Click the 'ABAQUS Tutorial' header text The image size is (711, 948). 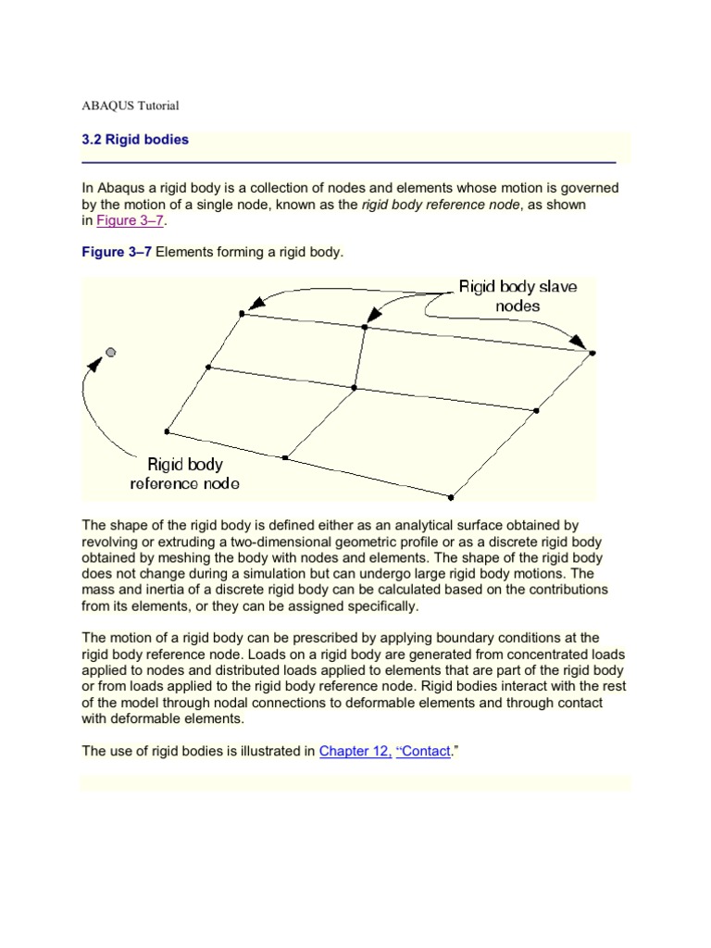click(x=131, y=106)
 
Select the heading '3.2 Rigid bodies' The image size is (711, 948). click(x=135, y=140)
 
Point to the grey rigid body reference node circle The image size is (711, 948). click(x=111, y=352)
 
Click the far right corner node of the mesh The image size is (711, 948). click(x=592, y=353)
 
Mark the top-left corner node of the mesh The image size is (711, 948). click(x=243, y=314)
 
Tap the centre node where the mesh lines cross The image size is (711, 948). click(x=354, y=388)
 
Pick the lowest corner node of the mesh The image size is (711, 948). click(x=451, y=497)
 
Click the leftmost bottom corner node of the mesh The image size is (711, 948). click(x=168, y=431)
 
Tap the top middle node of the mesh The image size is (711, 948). click(x=365, y=327)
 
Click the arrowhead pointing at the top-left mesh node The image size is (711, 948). click(x=259, y=301)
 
